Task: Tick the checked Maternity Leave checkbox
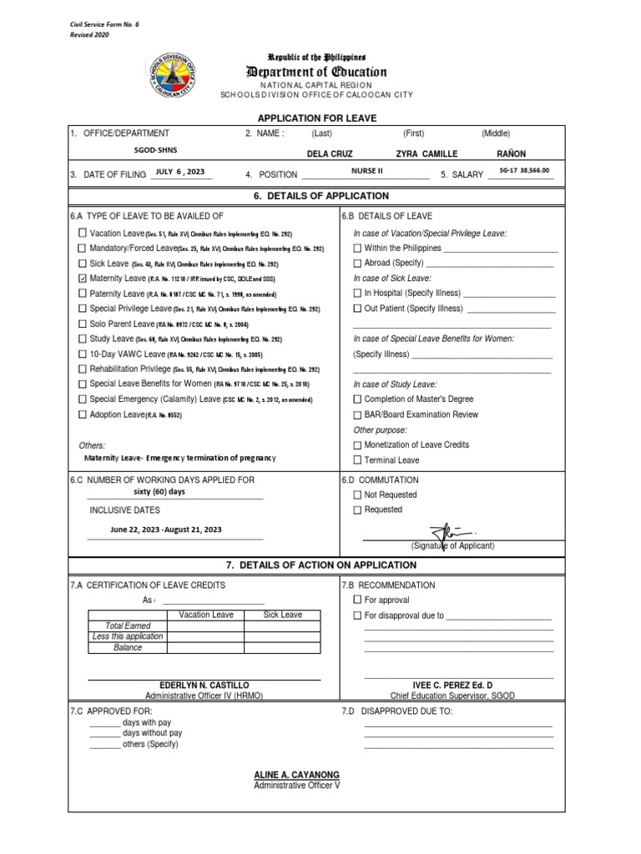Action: [x=82, y=279]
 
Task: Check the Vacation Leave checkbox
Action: [x=82, y=234]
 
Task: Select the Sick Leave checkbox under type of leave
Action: [x=82, y=264]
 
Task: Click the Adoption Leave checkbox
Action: [x=82, y=414]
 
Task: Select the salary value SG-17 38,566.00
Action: [x=524, y=171]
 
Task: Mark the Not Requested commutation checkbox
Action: [x=357, y=495]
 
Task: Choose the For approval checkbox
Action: [x=357, y=600]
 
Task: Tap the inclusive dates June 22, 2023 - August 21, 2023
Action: [x=166, y=530]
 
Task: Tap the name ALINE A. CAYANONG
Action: [x=296, y=775]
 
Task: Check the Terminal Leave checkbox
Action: [x=357, y=460]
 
